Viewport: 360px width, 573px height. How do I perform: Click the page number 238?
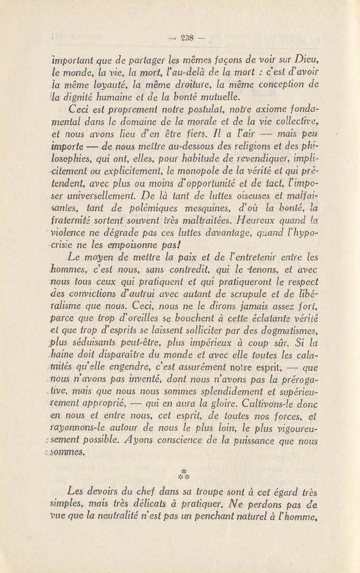coord(180,37)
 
